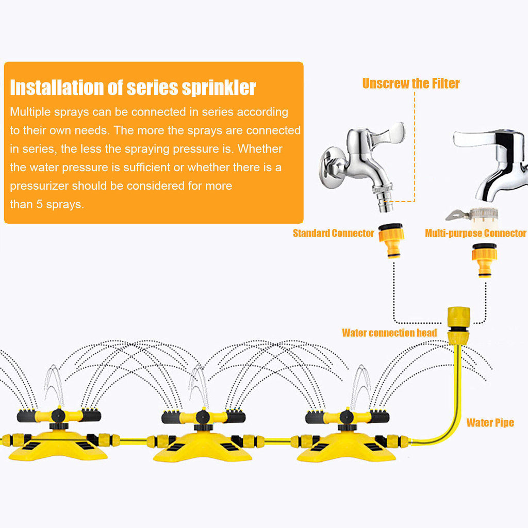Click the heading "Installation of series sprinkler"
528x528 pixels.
click(133, 88)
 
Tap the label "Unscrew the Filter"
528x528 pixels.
click(410, 84)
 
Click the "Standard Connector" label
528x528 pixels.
click(333, 234)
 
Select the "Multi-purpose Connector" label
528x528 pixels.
click(475, 234)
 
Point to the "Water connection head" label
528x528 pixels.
click(389, 333)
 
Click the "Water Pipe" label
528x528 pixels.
click(490, 423)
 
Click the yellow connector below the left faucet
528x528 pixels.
click(391, 240)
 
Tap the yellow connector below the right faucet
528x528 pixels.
click(485, 260)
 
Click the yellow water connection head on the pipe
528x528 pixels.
click(458, 325)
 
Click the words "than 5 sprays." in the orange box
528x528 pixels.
click(46, 204)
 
